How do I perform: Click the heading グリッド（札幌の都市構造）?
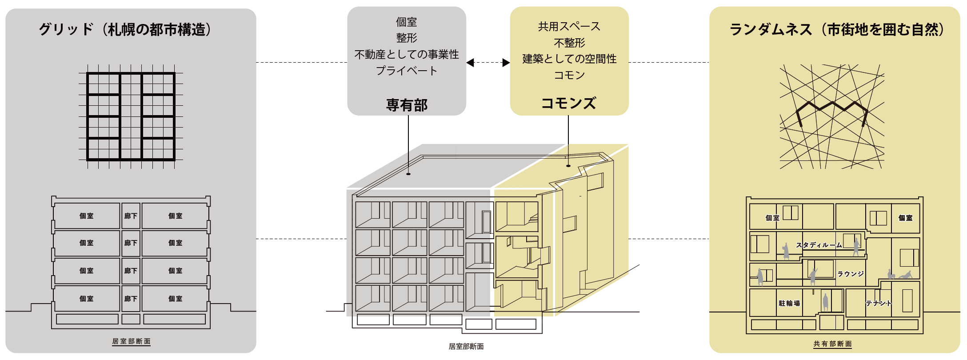coord(125,30)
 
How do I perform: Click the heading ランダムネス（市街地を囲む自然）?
coord(837,30)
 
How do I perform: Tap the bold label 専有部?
coord(407,105)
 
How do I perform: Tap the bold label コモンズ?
coord(569,103)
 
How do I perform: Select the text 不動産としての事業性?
coord(407,54)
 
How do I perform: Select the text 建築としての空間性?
coord(569,59)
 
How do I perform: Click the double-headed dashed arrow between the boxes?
coord(488,63)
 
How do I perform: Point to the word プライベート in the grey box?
coord(407,71)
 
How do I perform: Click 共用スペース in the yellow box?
coord(569,27)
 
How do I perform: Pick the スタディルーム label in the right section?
coord(819,245)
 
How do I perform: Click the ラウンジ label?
coord(851,274)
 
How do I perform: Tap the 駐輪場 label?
coord(789,303)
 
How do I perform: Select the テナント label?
coord(878,303)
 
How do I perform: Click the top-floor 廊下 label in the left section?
coord(131,216)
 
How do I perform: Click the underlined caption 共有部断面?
coord(832,344)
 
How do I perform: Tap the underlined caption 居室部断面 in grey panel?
coord(131,341)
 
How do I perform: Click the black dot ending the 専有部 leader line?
coord(408,174)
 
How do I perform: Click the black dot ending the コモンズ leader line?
coord(568,166)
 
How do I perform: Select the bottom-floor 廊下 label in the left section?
coord(131,299)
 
